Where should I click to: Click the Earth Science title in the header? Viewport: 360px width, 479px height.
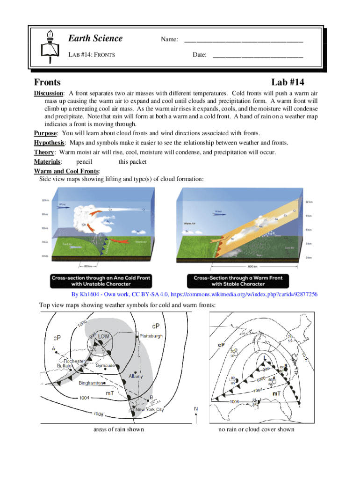95,38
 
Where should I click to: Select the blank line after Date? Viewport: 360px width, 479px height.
258,56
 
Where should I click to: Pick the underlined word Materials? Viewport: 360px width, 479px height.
47,162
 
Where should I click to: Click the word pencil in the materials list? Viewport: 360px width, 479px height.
84,162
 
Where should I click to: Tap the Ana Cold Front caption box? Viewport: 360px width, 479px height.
101,281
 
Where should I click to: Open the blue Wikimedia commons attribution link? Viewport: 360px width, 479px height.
194,295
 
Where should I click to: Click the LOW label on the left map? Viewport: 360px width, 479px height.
103,336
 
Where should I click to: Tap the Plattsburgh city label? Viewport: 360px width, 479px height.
151,336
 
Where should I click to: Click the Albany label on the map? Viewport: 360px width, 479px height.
136,376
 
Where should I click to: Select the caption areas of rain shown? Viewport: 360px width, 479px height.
119,429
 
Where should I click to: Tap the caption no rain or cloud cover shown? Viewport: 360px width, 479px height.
256,429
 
